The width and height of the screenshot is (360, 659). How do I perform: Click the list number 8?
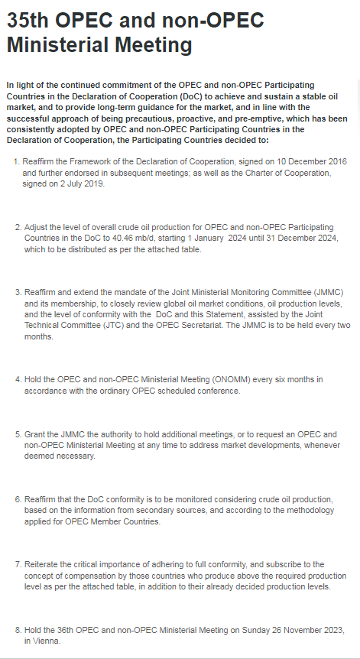click(x=18, y=631)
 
